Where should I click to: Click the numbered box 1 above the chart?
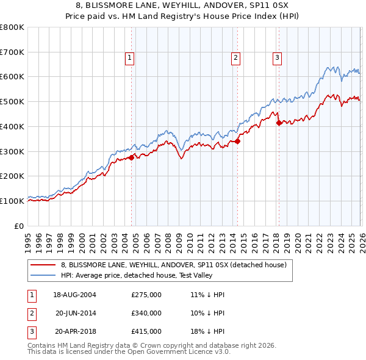pos(130,58)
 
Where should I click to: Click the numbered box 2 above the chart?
pos(235,58)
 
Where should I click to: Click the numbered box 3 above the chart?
pos(277,58)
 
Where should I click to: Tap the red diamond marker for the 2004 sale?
pos(132,157)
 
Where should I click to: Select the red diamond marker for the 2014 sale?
pos(238,141)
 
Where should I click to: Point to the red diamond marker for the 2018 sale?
pos(279,123)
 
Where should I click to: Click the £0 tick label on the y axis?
pos(20,226)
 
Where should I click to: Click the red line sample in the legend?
pos(44,265)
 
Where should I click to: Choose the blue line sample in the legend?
pos(44,275)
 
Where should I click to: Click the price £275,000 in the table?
pos(146,295)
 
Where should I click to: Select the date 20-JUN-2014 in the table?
pos(75,313)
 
